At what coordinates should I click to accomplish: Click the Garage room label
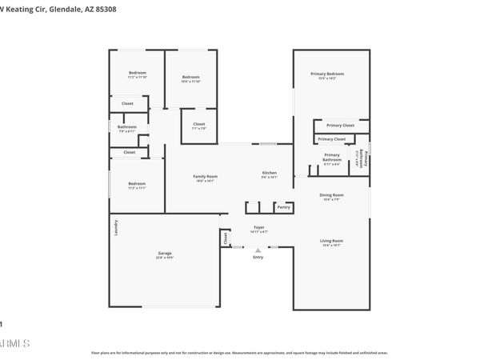coord(165,254)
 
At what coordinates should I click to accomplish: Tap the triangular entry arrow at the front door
coord(258,250)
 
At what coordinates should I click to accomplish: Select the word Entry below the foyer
coord(258,257)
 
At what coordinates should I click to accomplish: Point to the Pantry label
coord(283,207)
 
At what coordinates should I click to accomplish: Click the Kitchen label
coord(270,174)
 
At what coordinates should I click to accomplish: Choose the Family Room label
coord(205,176)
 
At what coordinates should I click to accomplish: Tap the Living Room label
coord(331,241)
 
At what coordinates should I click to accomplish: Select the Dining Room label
coord(331,195)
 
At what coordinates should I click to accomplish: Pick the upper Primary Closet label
coord(340,126)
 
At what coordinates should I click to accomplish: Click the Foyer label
coord(259,228)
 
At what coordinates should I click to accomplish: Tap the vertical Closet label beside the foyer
coord(226,238)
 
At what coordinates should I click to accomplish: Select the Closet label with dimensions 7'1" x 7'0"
coord(198,124)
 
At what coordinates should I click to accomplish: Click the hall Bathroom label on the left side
coord(127,126)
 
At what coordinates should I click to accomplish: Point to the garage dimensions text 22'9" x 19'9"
coord(165,258)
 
